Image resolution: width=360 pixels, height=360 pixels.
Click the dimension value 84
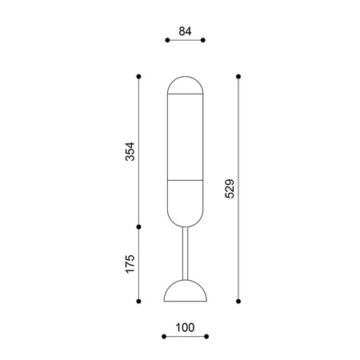(185, 31)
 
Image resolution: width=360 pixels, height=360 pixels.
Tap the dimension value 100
(185, 327)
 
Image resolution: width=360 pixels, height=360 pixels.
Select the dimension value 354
(130, 151)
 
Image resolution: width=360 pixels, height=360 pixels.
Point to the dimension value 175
(130, 264)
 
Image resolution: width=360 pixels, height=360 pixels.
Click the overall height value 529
(230, 189)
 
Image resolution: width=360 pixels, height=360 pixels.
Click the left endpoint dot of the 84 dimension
(167, 40)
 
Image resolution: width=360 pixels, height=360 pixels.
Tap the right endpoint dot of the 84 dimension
(203, 40)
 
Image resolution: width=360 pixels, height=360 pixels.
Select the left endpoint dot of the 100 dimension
(164, 337)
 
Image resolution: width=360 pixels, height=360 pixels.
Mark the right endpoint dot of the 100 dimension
(206, 337)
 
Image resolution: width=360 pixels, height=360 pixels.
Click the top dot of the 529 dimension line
(238, 77)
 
